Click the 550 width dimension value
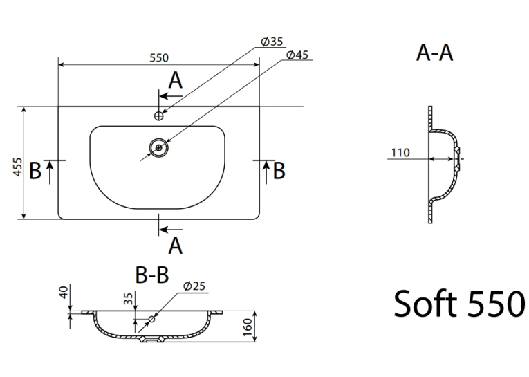(159, 58)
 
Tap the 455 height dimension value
(17, 167)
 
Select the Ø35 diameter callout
(272, 42)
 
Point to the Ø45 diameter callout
(297, 55)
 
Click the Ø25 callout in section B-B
(194, 286)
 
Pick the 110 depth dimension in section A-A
(400, 153)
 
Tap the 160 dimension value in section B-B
(248, 327)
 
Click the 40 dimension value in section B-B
(64, 292)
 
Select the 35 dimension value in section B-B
(129, 298)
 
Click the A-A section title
(434, 53)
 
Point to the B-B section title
(152, 275)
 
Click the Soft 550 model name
(459, 304)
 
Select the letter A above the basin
(176, 80)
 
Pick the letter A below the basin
(176, 246)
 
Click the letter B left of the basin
(35, 170)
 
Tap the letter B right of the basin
(279, 170)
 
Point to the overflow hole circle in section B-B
(152, 319)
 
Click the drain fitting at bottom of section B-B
(152, 339)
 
